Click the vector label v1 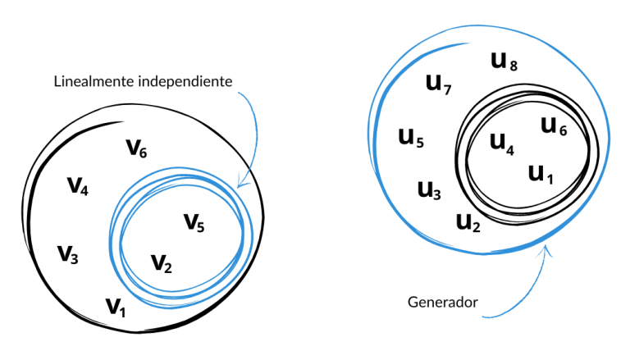coord(116,308)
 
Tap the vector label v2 coord(162,263)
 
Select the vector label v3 coord(68,254)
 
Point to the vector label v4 coord(78,186)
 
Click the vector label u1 coord(541,173)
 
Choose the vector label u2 coord(468,221)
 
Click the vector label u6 coord(554,125)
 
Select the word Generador coord(442,303)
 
